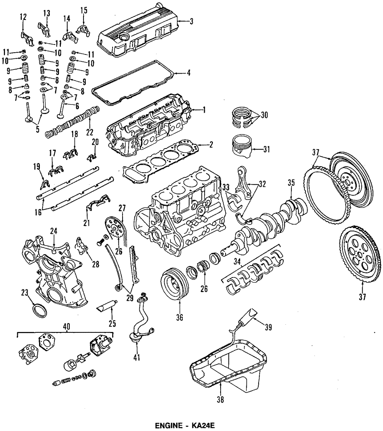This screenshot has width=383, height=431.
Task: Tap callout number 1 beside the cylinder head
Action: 204,110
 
